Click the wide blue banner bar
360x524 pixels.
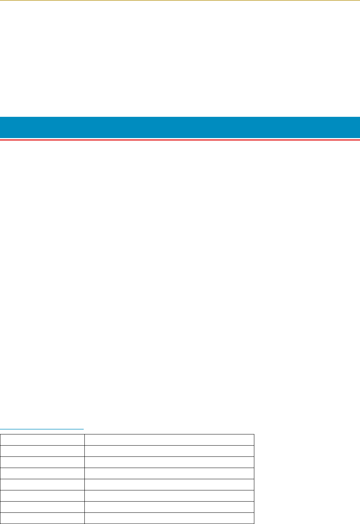(x=180, y=127)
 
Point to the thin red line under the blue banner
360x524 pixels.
(x=180, y=140)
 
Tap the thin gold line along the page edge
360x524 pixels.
(x=180, y=0)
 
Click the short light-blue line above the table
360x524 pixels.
(x=42, y=429)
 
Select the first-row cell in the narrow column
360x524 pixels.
(x=42, y=440)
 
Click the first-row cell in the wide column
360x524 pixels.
(x=169, y=440)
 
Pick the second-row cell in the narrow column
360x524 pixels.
(x=42, y=451)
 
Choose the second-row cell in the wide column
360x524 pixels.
(x=169, y=451)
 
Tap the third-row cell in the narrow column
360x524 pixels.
(x=42, y=462)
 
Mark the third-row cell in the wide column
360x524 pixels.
(x=169, y=462)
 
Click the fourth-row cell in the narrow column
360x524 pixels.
(x=42, y=473)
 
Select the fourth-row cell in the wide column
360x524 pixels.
(x=169, y=473)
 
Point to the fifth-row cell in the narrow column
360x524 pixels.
(x=42, y=484)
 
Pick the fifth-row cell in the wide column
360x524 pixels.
(x=169, y=484)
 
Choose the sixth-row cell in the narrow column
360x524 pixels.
(x=42, y=496)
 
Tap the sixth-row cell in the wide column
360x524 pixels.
(x=169, y=496)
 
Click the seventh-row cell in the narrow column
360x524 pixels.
(x=42, y=507)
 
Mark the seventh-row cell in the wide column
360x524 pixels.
(x=169, y=507)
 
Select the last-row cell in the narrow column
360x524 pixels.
(x=42, y=518)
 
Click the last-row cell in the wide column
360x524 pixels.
(x=169, y=518)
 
